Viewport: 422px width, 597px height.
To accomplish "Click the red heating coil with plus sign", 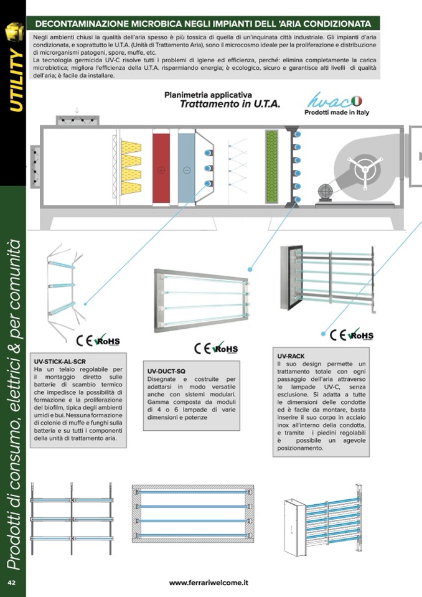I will pos(161,168).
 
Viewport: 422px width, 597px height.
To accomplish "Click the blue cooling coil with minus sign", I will pos(187,168).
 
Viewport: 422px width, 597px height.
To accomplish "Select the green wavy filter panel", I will pos(271,166).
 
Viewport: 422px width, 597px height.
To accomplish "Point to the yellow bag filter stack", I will pos(131,167).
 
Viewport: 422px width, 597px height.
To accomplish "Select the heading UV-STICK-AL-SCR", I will pos(60,361).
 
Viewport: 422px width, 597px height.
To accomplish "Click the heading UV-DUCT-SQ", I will pos(167,370).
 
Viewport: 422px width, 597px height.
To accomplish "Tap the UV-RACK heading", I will pos(290,355).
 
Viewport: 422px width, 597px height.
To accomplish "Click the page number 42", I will pos(11,582).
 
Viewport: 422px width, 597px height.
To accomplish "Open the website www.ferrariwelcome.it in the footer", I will pos(209,583).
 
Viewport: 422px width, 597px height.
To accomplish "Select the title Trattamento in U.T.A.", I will pos(230,104).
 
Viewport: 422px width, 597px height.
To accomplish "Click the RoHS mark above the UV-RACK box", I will pos(362,336).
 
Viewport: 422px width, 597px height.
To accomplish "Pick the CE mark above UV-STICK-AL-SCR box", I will pos(83,341).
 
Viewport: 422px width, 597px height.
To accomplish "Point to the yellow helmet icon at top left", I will pos(14,32).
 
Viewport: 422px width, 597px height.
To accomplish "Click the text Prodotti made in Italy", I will pos(335,113).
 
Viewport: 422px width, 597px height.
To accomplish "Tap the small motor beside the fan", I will pos(324,191).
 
